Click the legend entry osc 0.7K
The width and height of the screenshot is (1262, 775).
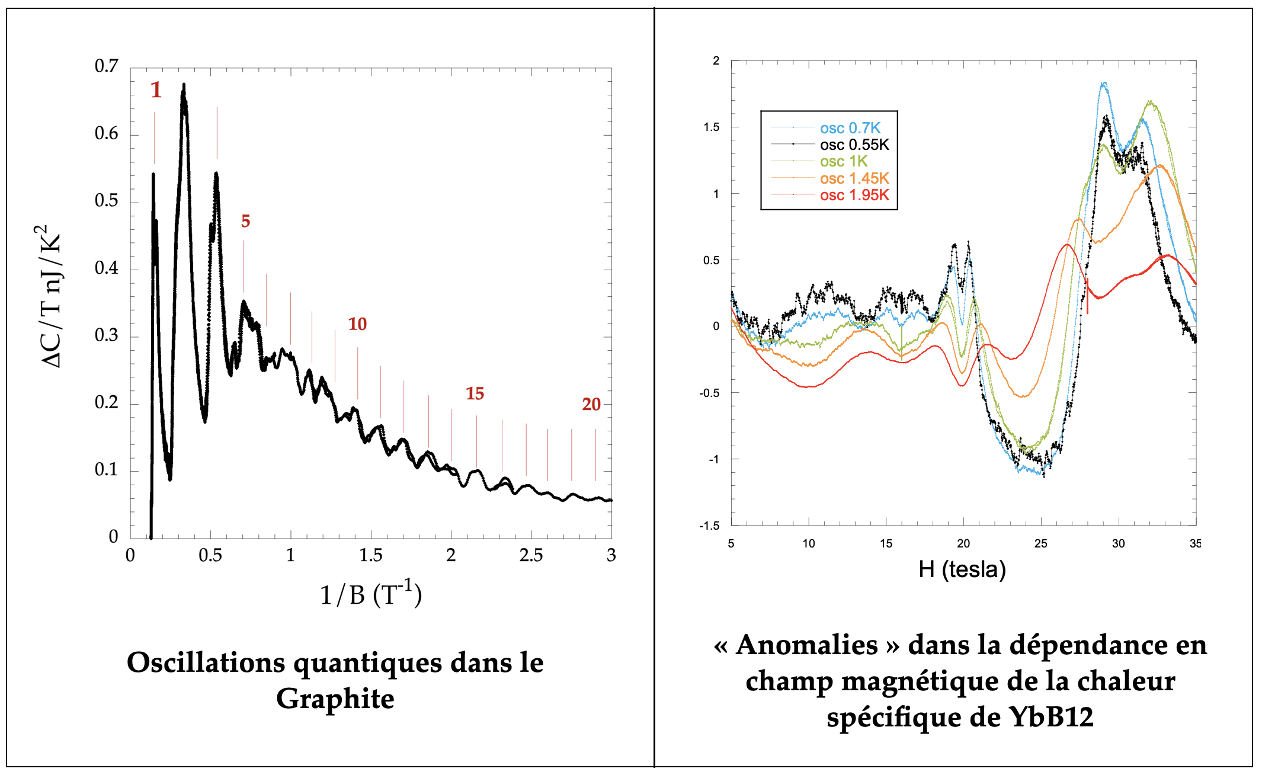(x=850, y=128)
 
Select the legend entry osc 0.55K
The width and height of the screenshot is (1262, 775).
(x=854, y=145)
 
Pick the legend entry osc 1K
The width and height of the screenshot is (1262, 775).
(x=843, y=161)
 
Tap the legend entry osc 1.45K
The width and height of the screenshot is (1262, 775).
(x=854, y=178)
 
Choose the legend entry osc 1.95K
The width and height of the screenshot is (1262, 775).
(x=854, y=195)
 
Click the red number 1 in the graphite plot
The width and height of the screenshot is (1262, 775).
(x=156, y=90)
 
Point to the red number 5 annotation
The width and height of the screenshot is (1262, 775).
(x=245, y=222)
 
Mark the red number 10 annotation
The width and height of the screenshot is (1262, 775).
(x=357, y=324)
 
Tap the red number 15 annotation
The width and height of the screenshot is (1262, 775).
(x=475, y=393)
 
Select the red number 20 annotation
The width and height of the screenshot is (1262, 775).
(x=591, y=404)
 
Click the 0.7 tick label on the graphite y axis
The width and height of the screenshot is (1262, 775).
(x=107, y=66)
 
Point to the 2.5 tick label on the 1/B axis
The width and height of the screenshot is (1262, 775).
(x=531, y=555)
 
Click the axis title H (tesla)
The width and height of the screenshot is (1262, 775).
(x=962, y=569)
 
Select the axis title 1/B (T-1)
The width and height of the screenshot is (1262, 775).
(x=371, y=594)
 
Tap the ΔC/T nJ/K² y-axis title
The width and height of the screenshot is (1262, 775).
(x=51, y=296)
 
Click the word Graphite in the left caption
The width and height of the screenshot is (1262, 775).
(x=335, y=699)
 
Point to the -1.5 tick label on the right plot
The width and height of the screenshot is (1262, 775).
(x=709, y=526)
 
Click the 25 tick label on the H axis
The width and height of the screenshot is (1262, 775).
(x=1041, y=543)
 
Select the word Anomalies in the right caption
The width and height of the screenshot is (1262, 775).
(x=807, y=645)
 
